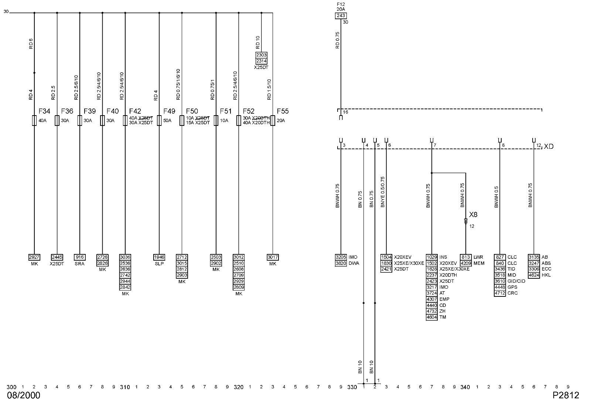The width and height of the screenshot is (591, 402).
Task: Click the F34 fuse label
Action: coord(44,111)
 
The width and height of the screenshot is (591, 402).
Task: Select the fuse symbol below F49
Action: coord(159,121)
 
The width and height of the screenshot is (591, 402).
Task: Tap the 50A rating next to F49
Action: coord(167,120)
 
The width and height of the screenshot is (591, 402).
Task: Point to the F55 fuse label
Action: coord(283,111)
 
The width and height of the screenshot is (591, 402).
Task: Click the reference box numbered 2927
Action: coord(34,257)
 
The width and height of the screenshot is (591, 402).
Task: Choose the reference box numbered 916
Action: coord(79,257)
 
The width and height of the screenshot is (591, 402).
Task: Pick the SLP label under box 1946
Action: coord(159,264)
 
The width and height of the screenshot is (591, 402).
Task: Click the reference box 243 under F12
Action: coord(341,16)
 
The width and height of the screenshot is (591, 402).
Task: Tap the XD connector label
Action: coord(549,147)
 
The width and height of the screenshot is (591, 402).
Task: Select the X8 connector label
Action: coord(473,214)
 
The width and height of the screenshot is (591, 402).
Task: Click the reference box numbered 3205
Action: coord(341,257)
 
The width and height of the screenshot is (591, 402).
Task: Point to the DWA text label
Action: coord(353,263)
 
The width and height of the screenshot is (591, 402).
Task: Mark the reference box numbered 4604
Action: coord(431,317)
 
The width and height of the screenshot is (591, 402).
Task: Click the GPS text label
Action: coord(512,287)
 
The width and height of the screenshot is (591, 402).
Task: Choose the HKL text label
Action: coord(546,275)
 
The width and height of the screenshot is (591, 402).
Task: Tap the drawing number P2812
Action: coord(566,395)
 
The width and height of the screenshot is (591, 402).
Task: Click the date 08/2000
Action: coord(24,395)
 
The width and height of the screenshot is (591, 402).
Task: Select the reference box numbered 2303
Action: coord(261,55)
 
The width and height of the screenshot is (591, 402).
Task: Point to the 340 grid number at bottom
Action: coord(465,387)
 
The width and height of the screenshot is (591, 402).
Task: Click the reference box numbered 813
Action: coord(465,257)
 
